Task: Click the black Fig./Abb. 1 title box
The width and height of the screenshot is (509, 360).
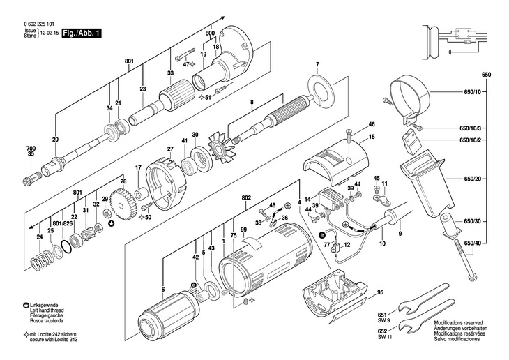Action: click(x=82, y=33)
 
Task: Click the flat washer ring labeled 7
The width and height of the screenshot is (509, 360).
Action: click(x=320, y=90)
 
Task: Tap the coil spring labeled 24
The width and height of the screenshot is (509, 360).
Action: click(x=42, y=260)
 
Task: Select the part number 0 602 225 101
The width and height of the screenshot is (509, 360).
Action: click(x=39, y=24)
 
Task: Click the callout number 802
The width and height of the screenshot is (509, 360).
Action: click(x=246, y=197)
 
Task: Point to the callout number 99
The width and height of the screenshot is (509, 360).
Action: click(x=243, y=230)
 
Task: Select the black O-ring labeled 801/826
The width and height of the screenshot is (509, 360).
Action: click(x=66, y=246)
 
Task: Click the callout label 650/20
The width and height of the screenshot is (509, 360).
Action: click(x=473, y=179)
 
